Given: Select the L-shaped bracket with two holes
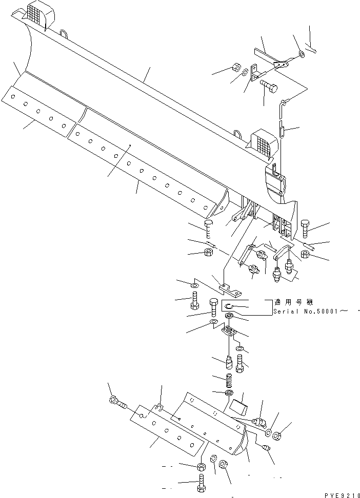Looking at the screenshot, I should (x=254, y=73).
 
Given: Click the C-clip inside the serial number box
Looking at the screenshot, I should (x=229, y=307).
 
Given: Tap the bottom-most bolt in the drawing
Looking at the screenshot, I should (x=199, y=483).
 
